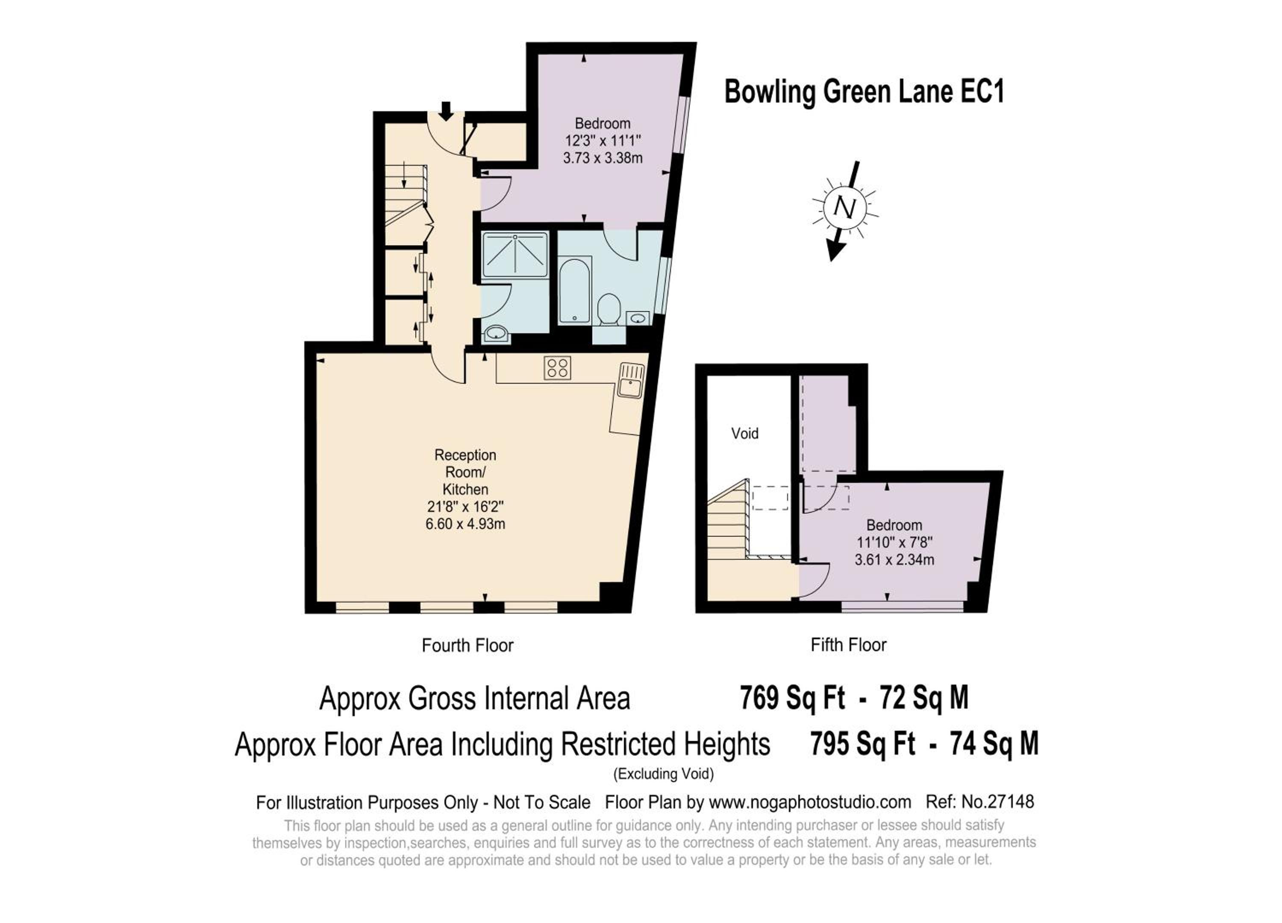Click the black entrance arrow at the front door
tap(446, 111)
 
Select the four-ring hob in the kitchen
tap(557, 367)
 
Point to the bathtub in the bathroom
tap(574, 291)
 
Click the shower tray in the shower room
tap(515, 254)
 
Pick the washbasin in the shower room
tap(496, 333)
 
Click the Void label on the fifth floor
tap(744, 434)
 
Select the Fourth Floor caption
tap(468, 646)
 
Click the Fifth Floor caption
tap(848, 645)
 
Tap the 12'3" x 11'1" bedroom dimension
tap(603, 141)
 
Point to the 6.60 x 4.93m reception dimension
tap(465, 524)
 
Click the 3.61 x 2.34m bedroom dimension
tap(894, 560)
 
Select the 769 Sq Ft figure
tap(792, 697)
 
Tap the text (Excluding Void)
tap(664, 774)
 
